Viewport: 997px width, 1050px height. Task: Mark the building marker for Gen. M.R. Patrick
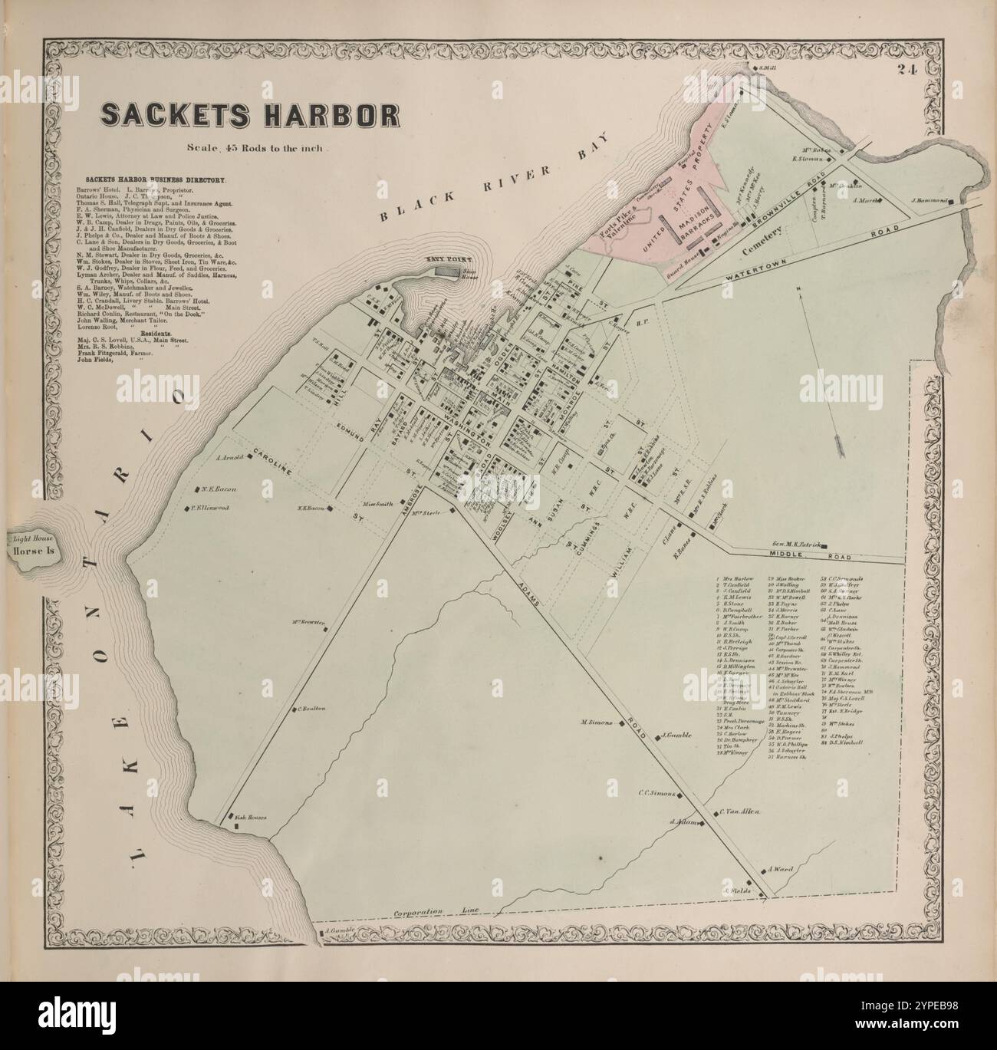(824, 546)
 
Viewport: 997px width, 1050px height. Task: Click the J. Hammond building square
(951, 202)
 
